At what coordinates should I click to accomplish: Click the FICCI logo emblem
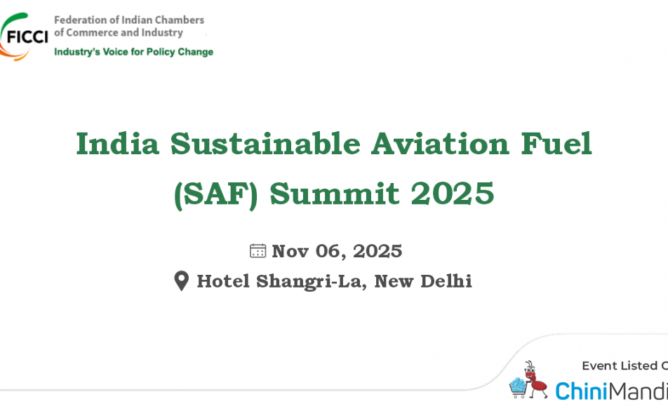pos(23,36)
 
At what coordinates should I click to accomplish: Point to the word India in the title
pos(118,144)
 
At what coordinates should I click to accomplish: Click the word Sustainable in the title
pos(265,144)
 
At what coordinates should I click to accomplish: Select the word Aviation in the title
pos(440,144)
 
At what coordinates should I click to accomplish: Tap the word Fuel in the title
pos(556,144)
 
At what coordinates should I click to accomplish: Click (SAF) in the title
pos(216,194)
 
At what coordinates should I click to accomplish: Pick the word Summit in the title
pos(335,194)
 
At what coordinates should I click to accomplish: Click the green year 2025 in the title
pos(453,194)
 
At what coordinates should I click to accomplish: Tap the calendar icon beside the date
pos(258,251)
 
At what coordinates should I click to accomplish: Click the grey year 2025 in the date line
pos(378,251)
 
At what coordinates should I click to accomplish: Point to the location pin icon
pos(182,281)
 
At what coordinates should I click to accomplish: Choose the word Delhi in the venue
pos(446,281)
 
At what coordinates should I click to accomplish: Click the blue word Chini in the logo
pos(581,391)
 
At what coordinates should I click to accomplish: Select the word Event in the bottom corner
pos(599,365)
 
